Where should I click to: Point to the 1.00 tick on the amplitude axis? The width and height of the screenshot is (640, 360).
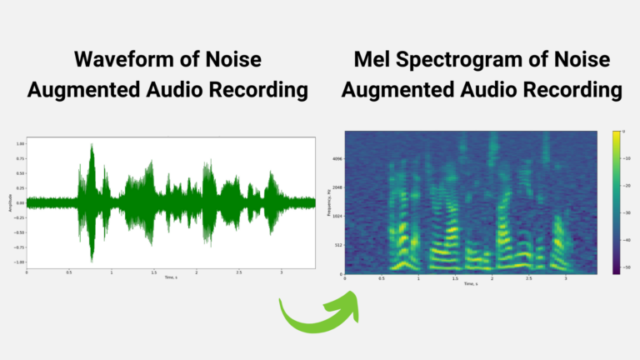pyautogui.click(x=19, y=143)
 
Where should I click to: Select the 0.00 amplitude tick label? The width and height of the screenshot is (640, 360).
pyautogui.click(x=19, y=202)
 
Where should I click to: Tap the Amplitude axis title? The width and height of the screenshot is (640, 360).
pyautogui.click(x=9, y=202)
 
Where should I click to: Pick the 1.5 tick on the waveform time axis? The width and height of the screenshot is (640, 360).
pyautogui.click(x=154, y=272)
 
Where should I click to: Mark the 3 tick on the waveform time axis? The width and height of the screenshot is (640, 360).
pyautogui.click(x=282, y=272)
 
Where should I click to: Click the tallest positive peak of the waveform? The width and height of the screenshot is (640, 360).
pyautogui.click(x=92, y=145)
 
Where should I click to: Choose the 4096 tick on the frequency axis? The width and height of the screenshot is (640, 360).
pyautogui.click(x=337, y=158)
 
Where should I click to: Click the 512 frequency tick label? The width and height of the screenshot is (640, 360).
pyautogui.click(x=337, y=245)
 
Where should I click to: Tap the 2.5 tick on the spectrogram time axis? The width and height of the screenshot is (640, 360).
pyautogui.click(x=529, y=279)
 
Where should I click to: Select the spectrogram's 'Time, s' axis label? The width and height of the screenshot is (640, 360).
pyautogui.click(x=473, y=284)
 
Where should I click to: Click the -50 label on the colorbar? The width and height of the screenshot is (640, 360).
pyautogui.click(x=629, y=267)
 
